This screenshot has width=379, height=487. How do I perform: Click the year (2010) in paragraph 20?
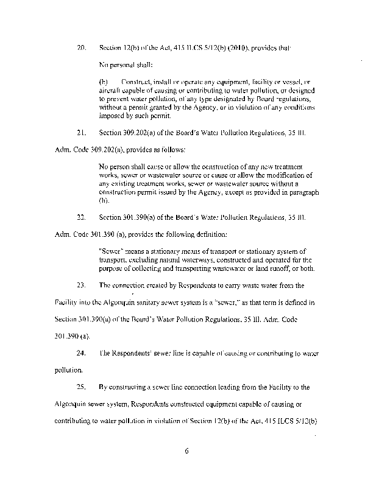pyautogui.click(x=223, y=46)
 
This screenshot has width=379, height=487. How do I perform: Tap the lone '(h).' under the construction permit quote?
pyautogui.click(x=103, y=200)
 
